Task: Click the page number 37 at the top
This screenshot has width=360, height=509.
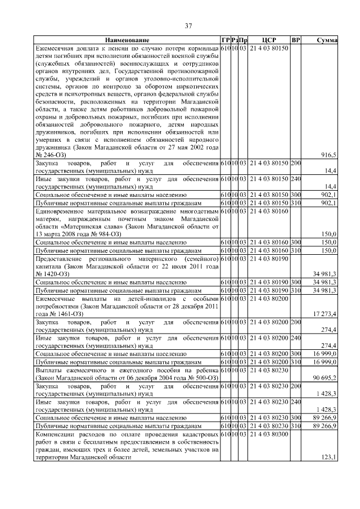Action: [189, 26]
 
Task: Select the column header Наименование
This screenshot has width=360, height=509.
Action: [127, 40]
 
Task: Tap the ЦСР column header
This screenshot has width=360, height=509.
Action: [268, 40]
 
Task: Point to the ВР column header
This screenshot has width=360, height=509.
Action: [296, 40]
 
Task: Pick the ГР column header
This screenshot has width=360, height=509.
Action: [225, 40]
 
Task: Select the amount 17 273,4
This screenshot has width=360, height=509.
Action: [325, 313]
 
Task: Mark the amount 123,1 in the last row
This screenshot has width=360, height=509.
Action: [328, 458]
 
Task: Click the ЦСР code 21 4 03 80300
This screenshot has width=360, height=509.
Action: [268, 435]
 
